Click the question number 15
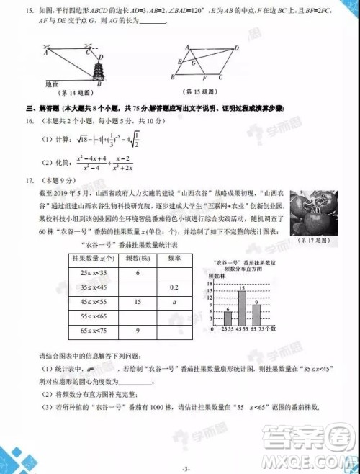pos(30,12)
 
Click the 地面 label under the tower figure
pos(53,84)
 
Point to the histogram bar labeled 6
pos(228,318)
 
